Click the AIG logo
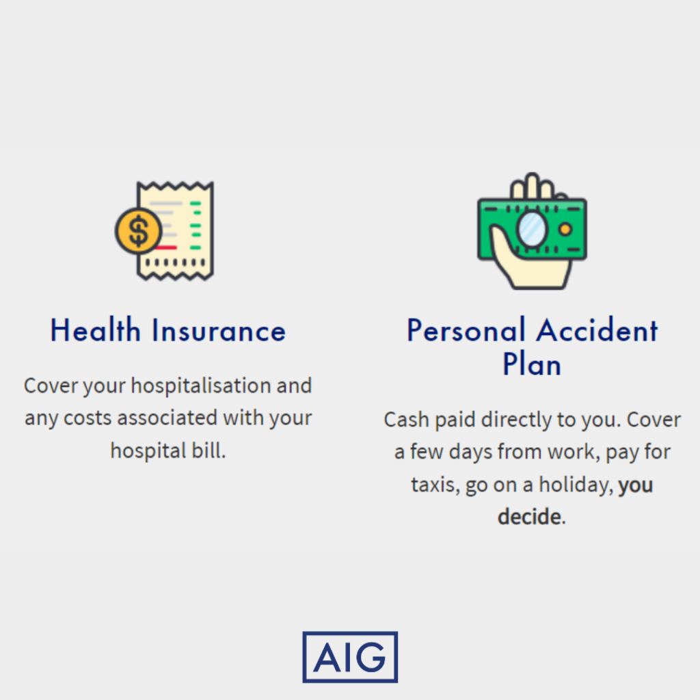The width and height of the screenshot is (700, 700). pos(350,657)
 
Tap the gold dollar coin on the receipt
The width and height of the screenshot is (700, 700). pos(138,231)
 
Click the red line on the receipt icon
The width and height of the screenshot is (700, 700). pos(166,247)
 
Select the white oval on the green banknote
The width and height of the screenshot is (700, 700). pos(532,230)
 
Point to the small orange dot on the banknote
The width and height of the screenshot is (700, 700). pos(565,230)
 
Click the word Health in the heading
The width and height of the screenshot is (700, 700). pos(96,330)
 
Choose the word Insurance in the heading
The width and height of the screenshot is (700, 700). pos(219,330)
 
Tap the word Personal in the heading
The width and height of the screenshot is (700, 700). pos(466,330)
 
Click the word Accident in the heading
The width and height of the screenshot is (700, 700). pos(597,330)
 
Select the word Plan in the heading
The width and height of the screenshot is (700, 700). pos(532,364)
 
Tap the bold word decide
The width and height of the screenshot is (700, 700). pos(530,517)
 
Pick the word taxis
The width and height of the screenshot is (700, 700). pos(435,485)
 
